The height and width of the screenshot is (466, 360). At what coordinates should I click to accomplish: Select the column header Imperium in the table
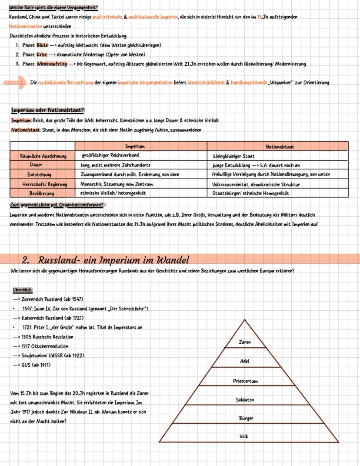click(135, 147)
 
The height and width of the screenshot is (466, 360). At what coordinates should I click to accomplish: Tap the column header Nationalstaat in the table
click(280, 147)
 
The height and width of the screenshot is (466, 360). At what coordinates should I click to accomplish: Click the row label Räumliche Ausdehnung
click(43, 156)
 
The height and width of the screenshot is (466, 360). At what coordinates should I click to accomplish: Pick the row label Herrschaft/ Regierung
click(43, 184)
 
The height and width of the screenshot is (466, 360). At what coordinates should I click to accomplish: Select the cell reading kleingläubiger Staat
click(233, 156)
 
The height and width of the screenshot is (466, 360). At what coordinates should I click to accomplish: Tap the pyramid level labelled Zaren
click(245, 342)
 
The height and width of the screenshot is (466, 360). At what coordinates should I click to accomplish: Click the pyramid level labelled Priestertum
click(245, 381)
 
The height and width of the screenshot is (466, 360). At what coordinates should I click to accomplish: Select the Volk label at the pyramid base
click(244, 436)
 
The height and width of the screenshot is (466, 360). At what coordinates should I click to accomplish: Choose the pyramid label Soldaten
click(245, 399)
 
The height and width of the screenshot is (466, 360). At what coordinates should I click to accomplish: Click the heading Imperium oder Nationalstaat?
click(47, 110)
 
